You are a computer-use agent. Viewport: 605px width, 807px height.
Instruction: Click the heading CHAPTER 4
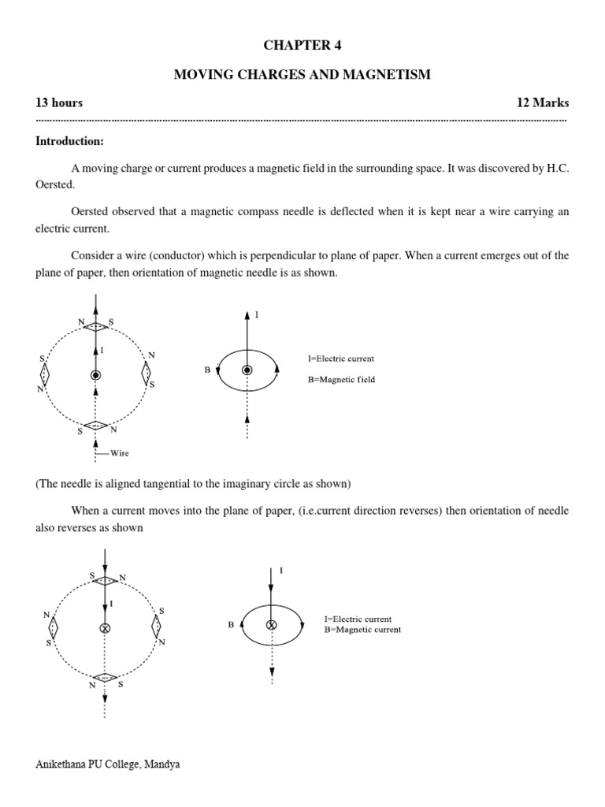(302, 45)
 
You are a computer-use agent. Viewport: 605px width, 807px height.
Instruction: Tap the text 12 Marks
(542, 103)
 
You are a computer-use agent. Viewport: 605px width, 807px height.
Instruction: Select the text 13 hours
(59, 103)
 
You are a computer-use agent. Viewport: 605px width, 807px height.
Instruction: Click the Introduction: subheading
(69, 142)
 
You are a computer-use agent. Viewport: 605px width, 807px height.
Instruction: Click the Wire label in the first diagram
(120, 453)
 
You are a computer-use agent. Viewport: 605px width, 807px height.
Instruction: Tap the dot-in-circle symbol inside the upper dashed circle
(95, 375)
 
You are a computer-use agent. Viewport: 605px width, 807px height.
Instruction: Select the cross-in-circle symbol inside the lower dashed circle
(104, 627)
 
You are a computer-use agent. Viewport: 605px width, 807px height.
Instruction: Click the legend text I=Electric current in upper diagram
(340, 359)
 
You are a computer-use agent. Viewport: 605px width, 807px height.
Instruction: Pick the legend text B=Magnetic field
(341, 379)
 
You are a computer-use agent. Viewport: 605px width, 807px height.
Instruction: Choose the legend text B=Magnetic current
(362, 630)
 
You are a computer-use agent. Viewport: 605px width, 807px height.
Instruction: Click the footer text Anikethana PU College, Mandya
(108, 764)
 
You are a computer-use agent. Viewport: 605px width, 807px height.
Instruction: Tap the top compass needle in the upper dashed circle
(95, 326)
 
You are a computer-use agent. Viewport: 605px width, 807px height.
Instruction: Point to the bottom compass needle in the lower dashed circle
(104, 677)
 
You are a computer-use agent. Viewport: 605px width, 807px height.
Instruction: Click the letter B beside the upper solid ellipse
(207, 369)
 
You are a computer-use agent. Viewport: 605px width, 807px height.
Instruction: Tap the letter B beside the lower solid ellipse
(231, 625)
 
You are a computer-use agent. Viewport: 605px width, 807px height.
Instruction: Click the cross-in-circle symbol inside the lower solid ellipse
(272, 624)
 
